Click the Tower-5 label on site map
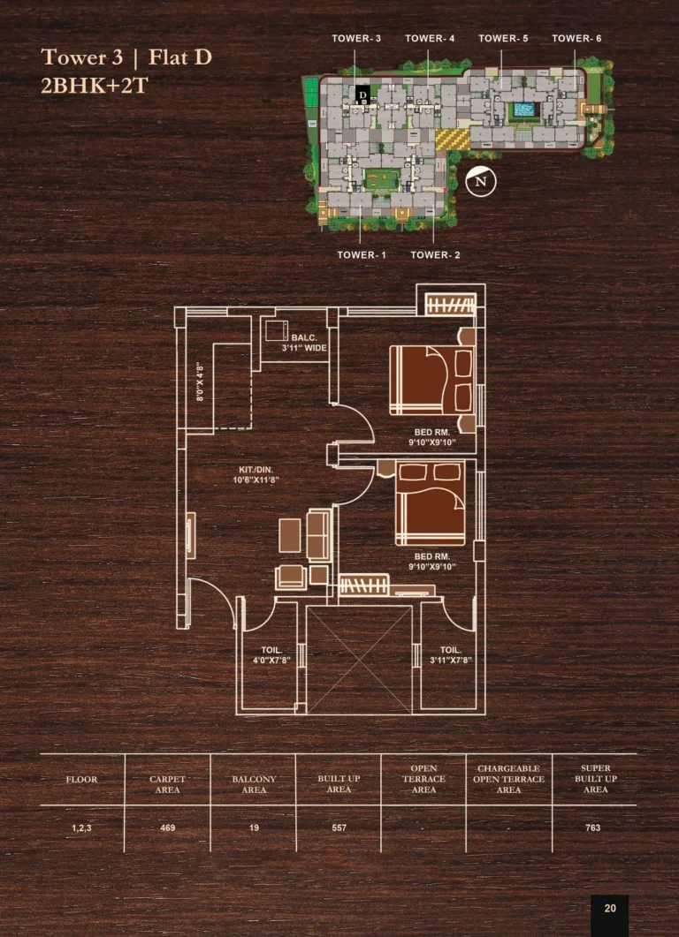tap(503, 38)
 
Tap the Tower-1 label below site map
tap(362, 254)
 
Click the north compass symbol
tap(481, 181)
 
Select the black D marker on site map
tap(362, 94)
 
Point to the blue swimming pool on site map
tap(523, 110)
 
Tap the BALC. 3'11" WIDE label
tap(304, 343)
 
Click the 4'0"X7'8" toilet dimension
tap(271, 661)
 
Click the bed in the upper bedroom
tap(432, 380)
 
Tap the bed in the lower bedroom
tap(431, 503)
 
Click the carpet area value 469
tap(167, 827)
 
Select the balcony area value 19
tap(254, 827)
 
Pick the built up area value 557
tap(339, 827)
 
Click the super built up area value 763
tap(593, 827)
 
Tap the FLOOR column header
tap(81, 779)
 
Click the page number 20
tap(610, 909)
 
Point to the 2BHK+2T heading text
tap(94, 86)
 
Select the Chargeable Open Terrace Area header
tap(508, 779)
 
